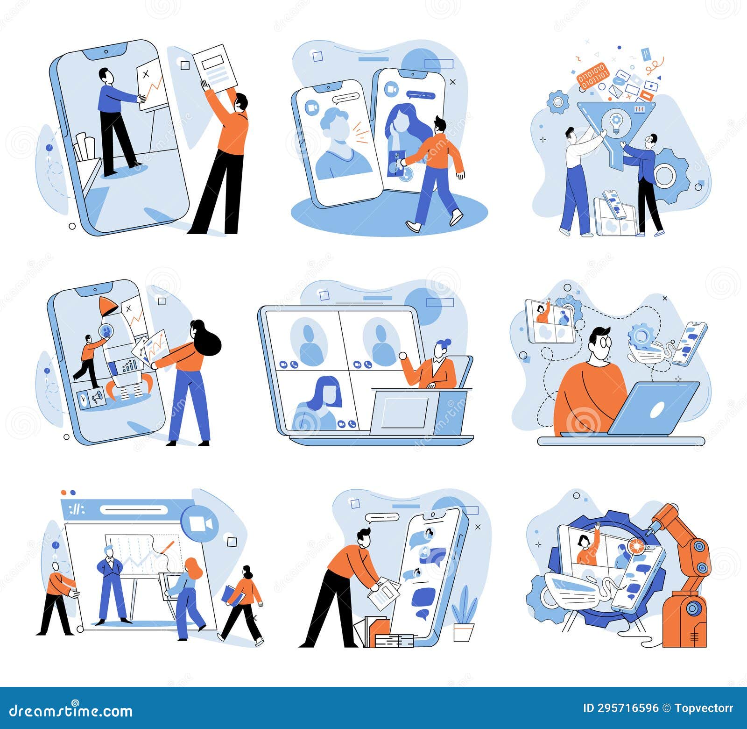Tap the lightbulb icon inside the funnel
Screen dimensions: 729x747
pyautogui.click(x=616, y=123)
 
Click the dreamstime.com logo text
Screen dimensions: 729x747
pyautogui.click(x=71, y=711)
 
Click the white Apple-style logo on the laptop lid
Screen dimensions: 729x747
pyautogui.click(x=656, y=410)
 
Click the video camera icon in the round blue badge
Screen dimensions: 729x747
pyautogui.click(x=200, y=524)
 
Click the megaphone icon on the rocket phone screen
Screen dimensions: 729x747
pyautogui.click(x=97, y=398)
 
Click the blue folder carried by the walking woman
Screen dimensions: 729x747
pyautogui.click(x=232, y=596)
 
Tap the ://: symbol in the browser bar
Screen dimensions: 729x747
pyautogui.click(x=77, y=509)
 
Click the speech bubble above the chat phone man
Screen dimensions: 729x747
pyautogui.click(x=382, y=517)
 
